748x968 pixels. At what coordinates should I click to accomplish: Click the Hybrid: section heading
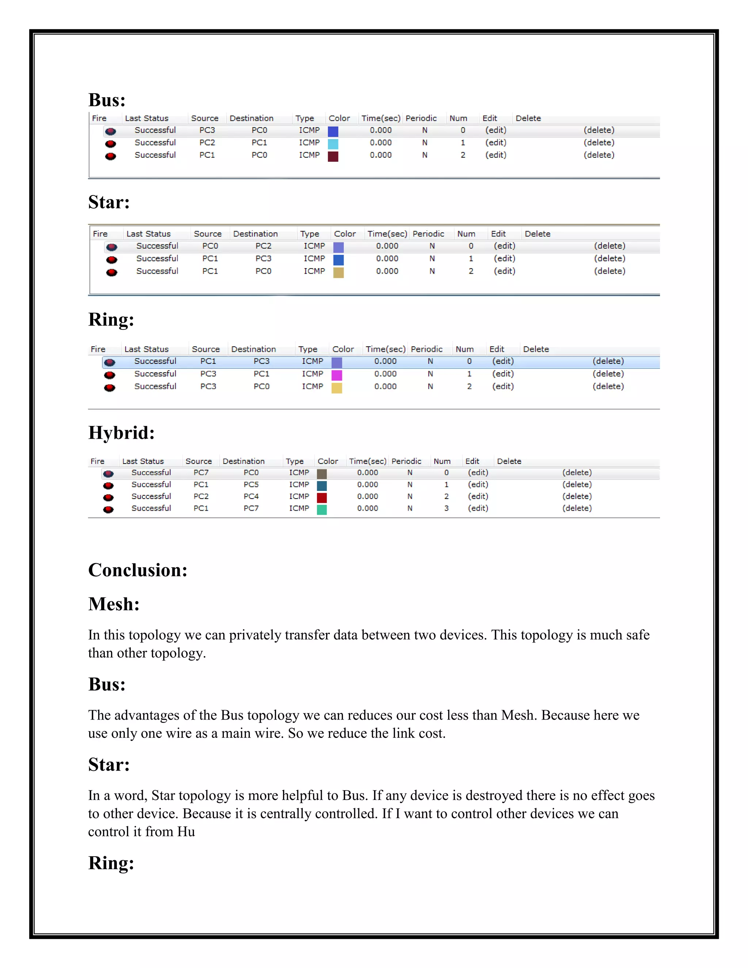[x=121, y=432]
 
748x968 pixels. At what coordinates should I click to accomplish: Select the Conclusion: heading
[x=138, y=570]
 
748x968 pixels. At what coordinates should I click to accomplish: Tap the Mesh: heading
[x=114, y=604]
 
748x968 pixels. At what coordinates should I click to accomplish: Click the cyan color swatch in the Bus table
[x=333, y=144]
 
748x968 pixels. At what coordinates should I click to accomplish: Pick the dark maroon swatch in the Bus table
[x=333, y=156]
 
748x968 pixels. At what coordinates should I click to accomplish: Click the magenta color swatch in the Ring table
[x=337, y=376]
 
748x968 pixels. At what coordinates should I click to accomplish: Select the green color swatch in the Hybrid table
[x=322, y=510]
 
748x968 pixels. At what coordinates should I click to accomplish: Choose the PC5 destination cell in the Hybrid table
[x=251, y=485]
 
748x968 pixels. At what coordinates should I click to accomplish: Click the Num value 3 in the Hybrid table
[x=446, y=508]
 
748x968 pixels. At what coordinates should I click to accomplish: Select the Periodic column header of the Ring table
[x=426, y=349]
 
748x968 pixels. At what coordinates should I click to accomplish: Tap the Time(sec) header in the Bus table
[x=381, y=118]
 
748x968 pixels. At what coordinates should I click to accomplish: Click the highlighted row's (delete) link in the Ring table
[x=608, y=362]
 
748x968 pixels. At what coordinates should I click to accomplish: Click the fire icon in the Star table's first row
[x=112, y=247]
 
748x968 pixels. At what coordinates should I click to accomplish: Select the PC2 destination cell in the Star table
[x=263, y=246]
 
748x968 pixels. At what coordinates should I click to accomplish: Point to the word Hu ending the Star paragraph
[x=186, y=832]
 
